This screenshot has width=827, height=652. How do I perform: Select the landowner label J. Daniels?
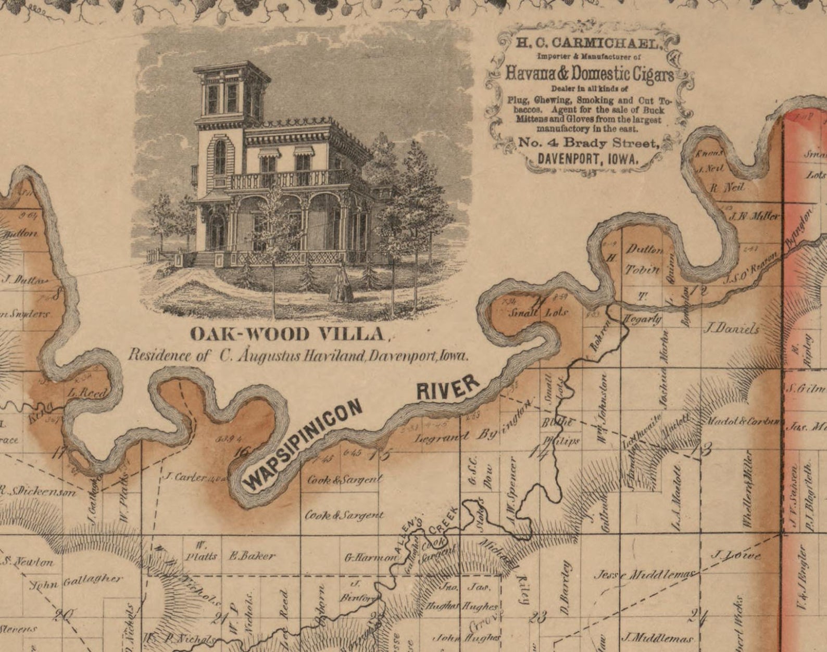pyautogui.click(x=732, y=328)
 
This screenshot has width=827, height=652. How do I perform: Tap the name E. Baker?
pyautogui.click(x=252, y=556)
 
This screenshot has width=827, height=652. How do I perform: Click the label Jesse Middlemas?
pyautogui.click(x=646, y=574)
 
